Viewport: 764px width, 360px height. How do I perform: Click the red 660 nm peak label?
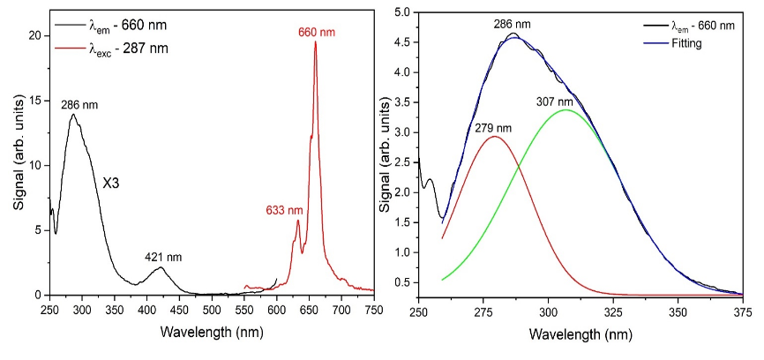[317, 33]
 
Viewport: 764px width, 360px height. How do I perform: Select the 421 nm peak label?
[162, 258]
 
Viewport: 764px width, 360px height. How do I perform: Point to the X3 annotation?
[112, 183]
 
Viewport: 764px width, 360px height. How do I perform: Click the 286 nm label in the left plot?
[79, 105]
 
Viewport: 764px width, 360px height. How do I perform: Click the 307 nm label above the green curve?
[555, 101]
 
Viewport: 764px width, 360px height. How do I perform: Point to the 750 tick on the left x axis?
[374, 309]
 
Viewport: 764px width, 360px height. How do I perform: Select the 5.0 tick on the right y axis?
[401, 12]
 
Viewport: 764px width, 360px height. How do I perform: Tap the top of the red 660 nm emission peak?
[316, 42]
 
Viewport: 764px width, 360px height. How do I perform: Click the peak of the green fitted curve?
[566, 110]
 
